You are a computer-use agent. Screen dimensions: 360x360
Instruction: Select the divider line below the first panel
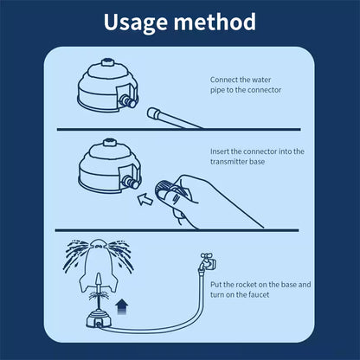(x=179, y=131)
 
